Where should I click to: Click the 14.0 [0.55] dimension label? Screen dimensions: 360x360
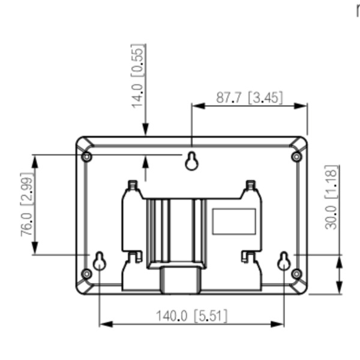tap(138, 76)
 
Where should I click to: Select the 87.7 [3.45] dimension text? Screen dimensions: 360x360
tap(249, 97)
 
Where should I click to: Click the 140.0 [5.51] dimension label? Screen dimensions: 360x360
tap(191, 316)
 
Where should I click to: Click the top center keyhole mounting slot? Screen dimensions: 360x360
tap(192, 160)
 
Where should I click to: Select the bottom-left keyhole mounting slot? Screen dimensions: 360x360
tap(100, 260)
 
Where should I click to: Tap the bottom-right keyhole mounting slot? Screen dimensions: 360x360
tap(284, 260)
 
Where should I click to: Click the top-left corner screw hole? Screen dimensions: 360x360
tap(86, 157)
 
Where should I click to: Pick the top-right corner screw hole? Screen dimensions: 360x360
tap(296, 157)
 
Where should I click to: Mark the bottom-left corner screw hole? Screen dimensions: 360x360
tap(86, 274)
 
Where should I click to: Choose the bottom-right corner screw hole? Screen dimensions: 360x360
tap(296, 274)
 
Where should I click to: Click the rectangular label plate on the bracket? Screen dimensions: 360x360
tap(233, 220)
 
